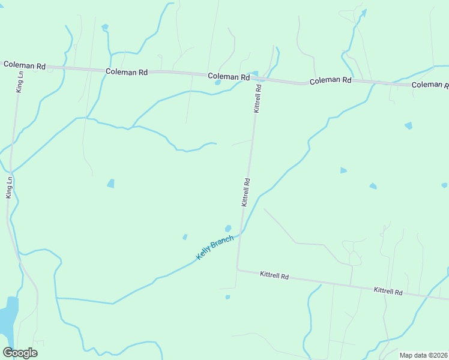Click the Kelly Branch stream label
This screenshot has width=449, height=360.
215,247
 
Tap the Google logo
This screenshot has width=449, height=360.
20,353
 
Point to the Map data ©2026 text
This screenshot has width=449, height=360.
423,355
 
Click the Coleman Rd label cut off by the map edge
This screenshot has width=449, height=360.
430,85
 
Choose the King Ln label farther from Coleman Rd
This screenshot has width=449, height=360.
9,187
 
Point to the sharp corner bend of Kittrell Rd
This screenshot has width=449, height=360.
237,269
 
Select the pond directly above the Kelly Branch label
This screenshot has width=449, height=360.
228,228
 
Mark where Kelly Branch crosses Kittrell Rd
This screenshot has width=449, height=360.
241,234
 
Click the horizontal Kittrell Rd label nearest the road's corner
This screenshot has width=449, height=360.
274,276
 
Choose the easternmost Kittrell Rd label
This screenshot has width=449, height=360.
388,291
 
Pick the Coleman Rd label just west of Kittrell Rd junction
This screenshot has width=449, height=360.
229,77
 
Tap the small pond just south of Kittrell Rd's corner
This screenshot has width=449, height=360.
228,297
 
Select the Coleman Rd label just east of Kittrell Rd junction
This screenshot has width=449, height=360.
330,80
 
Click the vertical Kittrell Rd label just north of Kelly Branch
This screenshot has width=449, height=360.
246,192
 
